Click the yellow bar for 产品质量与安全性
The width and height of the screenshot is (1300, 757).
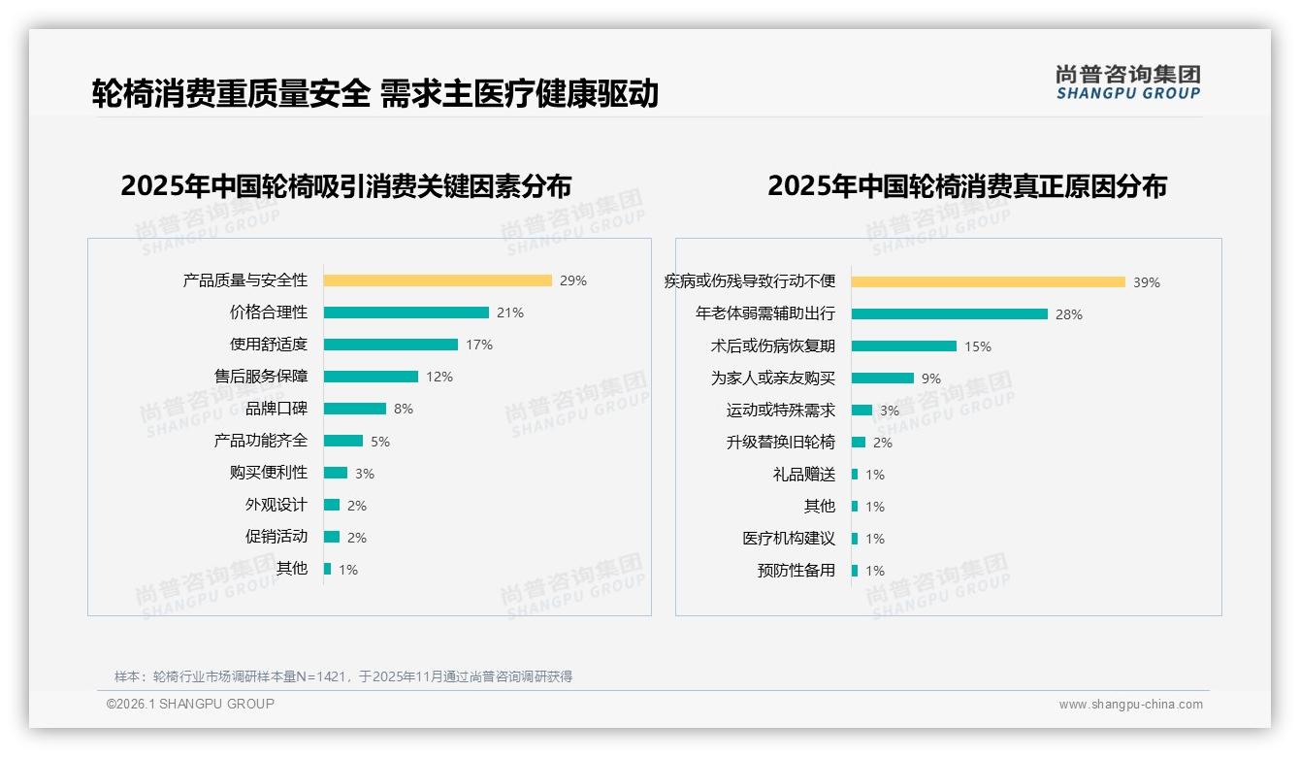(438, 280)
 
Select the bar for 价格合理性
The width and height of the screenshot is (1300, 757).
(406, 313)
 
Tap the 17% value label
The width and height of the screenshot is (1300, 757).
(479, 345)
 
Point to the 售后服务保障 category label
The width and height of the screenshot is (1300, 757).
(261, 377)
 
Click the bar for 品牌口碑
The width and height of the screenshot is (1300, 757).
(355, 409)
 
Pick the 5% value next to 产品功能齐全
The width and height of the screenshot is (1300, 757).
(380, 442)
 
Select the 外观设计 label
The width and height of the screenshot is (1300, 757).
(276, 505)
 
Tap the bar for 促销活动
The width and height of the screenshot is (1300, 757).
(332, 537)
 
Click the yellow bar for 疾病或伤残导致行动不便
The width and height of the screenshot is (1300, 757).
(989, 282)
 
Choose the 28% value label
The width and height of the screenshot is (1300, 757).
(1069, 314)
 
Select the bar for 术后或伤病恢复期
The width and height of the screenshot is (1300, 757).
(904, 346)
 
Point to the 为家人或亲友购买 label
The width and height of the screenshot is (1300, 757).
(773, 378)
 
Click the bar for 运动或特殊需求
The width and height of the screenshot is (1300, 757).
(861, 411)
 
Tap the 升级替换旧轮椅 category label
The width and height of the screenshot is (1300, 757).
(781, 443)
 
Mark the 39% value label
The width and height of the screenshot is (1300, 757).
(1147, 282)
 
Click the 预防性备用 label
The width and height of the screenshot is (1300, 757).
(796, 571)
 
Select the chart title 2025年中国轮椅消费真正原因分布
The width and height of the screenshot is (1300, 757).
(967, 185)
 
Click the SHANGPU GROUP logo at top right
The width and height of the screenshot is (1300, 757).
(1127, 82)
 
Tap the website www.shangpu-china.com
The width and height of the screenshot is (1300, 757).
(1130, 705)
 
